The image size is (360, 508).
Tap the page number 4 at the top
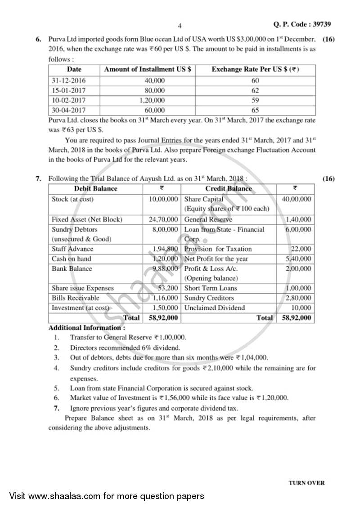180,26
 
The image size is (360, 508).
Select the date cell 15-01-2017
68,90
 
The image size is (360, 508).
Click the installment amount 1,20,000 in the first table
152,100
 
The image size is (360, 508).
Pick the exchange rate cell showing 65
255,110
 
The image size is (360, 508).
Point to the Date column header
74,70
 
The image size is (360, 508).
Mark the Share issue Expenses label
83,288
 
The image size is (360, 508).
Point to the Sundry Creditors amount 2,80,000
298,298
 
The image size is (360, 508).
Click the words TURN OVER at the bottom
306,483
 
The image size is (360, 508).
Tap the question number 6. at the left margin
39,40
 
